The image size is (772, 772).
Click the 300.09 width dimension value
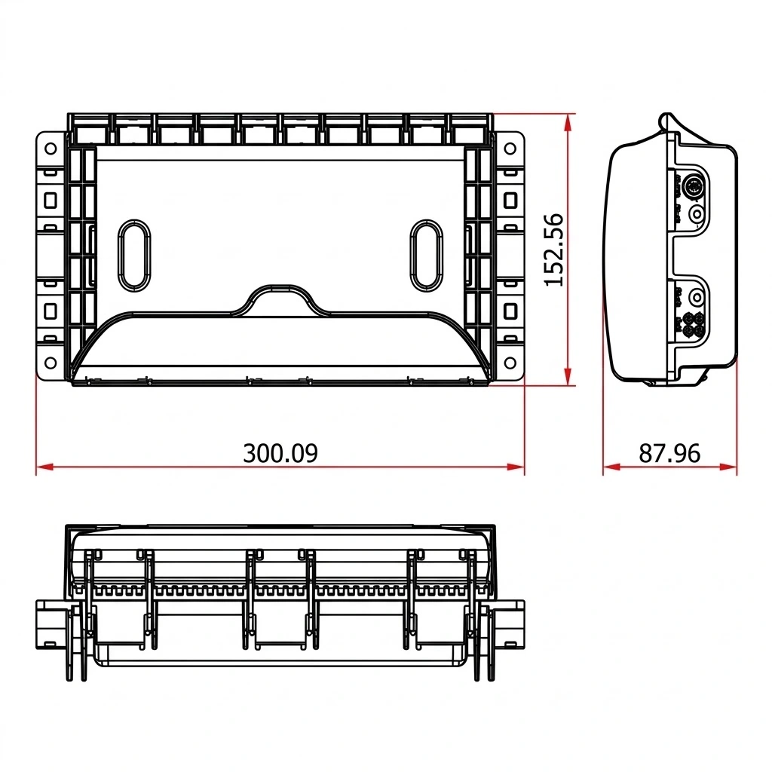click(280, 453)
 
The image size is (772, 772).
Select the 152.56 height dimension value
click(553, 250)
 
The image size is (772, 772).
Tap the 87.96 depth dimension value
click(669, 453)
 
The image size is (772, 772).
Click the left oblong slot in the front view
click(134, 255)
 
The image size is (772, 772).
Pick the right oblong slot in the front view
click(427, 255)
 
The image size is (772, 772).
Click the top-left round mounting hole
click(51, 148)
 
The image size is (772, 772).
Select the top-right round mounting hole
click(510, 148)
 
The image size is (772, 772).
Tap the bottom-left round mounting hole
click(51, 363)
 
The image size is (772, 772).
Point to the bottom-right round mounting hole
click(510, 363)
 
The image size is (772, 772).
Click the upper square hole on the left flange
click(51, 201)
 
